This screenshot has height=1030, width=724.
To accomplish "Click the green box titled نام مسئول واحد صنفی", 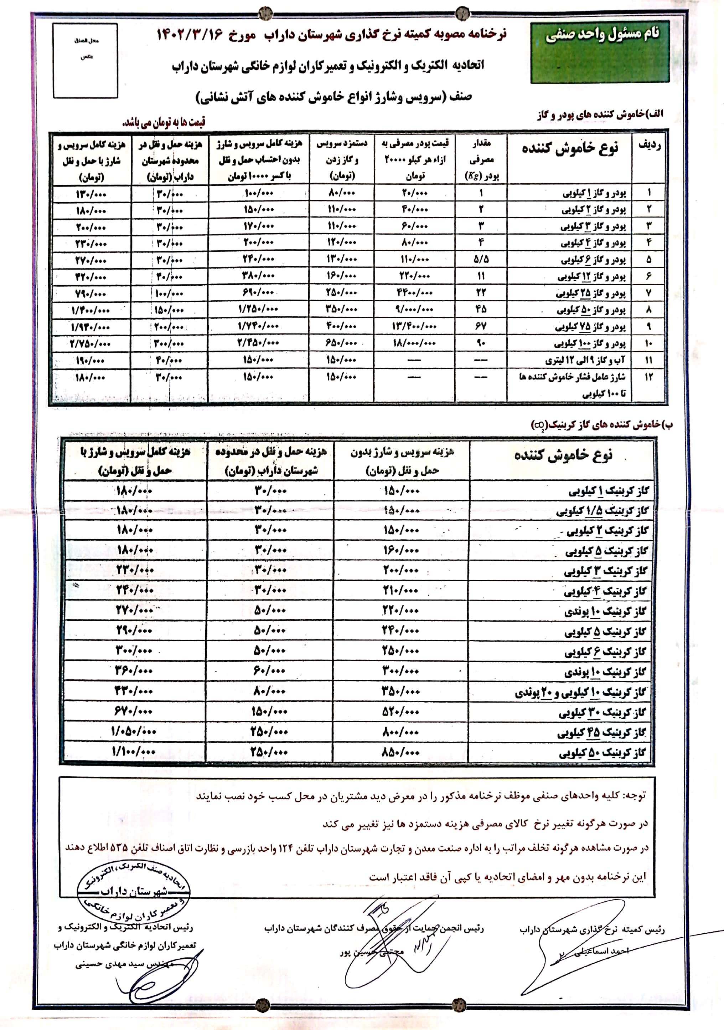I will (599, 52).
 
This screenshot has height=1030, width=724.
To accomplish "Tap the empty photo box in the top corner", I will (85, 61).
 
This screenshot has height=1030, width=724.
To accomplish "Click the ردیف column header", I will (649, 145).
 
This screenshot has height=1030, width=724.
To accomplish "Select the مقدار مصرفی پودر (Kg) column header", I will (481, 159).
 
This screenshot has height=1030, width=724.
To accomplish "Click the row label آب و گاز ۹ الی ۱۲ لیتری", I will (585, 360).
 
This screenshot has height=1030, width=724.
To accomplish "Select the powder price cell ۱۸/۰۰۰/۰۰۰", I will (414, 343).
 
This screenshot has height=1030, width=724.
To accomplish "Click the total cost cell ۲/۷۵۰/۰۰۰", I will (90, 344).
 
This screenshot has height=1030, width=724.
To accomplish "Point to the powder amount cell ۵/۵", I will (481, 259).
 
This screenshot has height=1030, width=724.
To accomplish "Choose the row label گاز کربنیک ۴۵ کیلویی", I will (602, 733).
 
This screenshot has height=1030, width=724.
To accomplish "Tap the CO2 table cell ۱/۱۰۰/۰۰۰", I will (134, 751).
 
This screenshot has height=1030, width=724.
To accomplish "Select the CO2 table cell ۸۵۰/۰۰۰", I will (401, 752).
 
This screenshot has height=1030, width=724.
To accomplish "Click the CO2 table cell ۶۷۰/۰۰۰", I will (134, 711).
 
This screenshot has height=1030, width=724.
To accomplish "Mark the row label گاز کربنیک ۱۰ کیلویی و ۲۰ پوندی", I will (580, 692).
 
